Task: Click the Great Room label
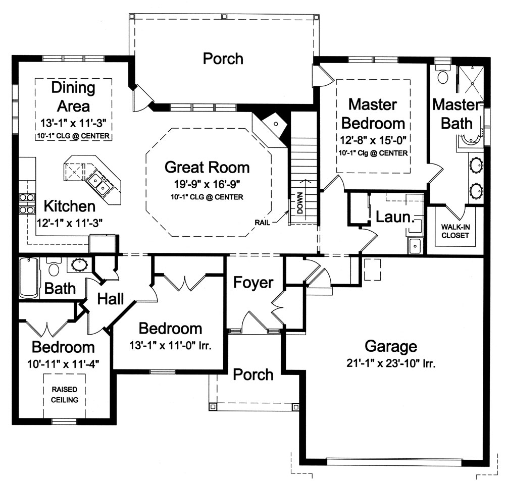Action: point(208,167)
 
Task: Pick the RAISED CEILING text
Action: point(64,395)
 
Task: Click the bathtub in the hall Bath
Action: point(28,278)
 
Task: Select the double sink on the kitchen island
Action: point(98,183)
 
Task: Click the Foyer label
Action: point(253,283)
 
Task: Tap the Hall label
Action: point(110,299)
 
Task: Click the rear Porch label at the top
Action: point(223,58)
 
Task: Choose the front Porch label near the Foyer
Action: point(253,374)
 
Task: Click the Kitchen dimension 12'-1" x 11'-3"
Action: point(70,223)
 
